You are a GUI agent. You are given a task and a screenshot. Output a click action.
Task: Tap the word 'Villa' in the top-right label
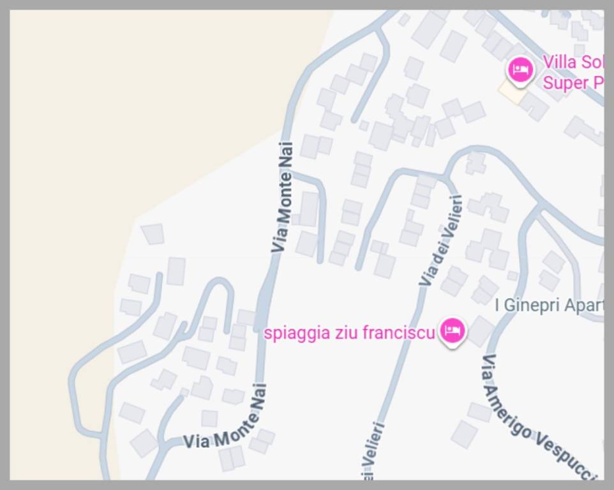(x=558, y=63)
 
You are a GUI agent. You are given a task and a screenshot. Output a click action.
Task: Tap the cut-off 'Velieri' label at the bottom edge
(x=375, y=447)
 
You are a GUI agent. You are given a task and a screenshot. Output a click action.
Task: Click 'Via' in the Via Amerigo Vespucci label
(x=488, y=370)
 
